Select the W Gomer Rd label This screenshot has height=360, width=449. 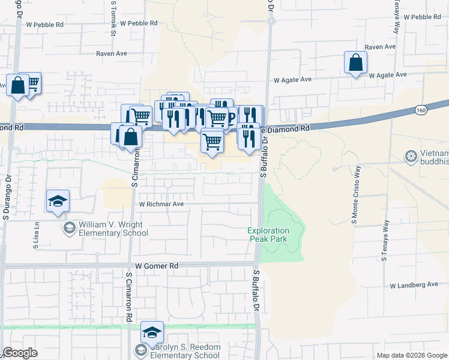[157, 265]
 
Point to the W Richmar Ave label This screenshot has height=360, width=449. [161, 204]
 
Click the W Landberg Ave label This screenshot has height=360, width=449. [414, 285]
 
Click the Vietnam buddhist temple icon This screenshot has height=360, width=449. [411, 157]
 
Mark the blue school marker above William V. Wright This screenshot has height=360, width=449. [58, 201]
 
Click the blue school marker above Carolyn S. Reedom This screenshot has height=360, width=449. [152, 332]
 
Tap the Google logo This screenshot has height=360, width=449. [20, 353]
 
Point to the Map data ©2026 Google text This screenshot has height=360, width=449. [411, 355]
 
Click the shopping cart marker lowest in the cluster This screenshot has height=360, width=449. [212, 142]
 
